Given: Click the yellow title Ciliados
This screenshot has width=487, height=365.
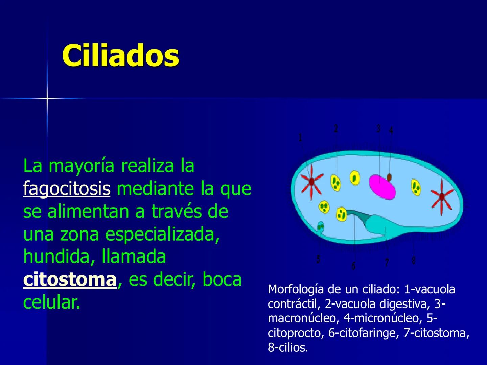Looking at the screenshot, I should click(120, 55).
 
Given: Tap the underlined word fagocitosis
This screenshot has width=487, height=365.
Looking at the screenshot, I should click(67, 189).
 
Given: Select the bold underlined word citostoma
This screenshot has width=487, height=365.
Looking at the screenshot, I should click(70, 280).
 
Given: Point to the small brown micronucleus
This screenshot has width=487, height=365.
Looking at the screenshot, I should click(389, 177).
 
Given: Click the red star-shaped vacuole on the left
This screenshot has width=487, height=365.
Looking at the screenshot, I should click(311, 183).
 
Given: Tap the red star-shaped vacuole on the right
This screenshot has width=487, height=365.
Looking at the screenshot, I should click(442, 197).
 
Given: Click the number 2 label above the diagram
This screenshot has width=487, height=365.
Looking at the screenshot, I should click(335, 129).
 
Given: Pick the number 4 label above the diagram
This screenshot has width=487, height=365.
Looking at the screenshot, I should click(391, 130).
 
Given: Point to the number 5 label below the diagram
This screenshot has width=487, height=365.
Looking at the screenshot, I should click(318, 259).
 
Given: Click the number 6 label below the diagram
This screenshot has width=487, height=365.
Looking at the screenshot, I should click(353, 266).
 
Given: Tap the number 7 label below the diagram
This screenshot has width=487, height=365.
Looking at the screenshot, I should click(387, 262).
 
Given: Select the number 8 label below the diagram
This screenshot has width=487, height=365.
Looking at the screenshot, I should click(413, 260).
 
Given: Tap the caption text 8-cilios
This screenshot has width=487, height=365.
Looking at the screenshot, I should click(288, 348).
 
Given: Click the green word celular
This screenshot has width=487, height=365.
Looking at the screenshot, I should click(51, 303).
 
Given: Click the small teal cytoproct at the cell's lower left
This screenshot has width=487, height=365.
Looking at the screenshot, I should click(320, 226).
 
